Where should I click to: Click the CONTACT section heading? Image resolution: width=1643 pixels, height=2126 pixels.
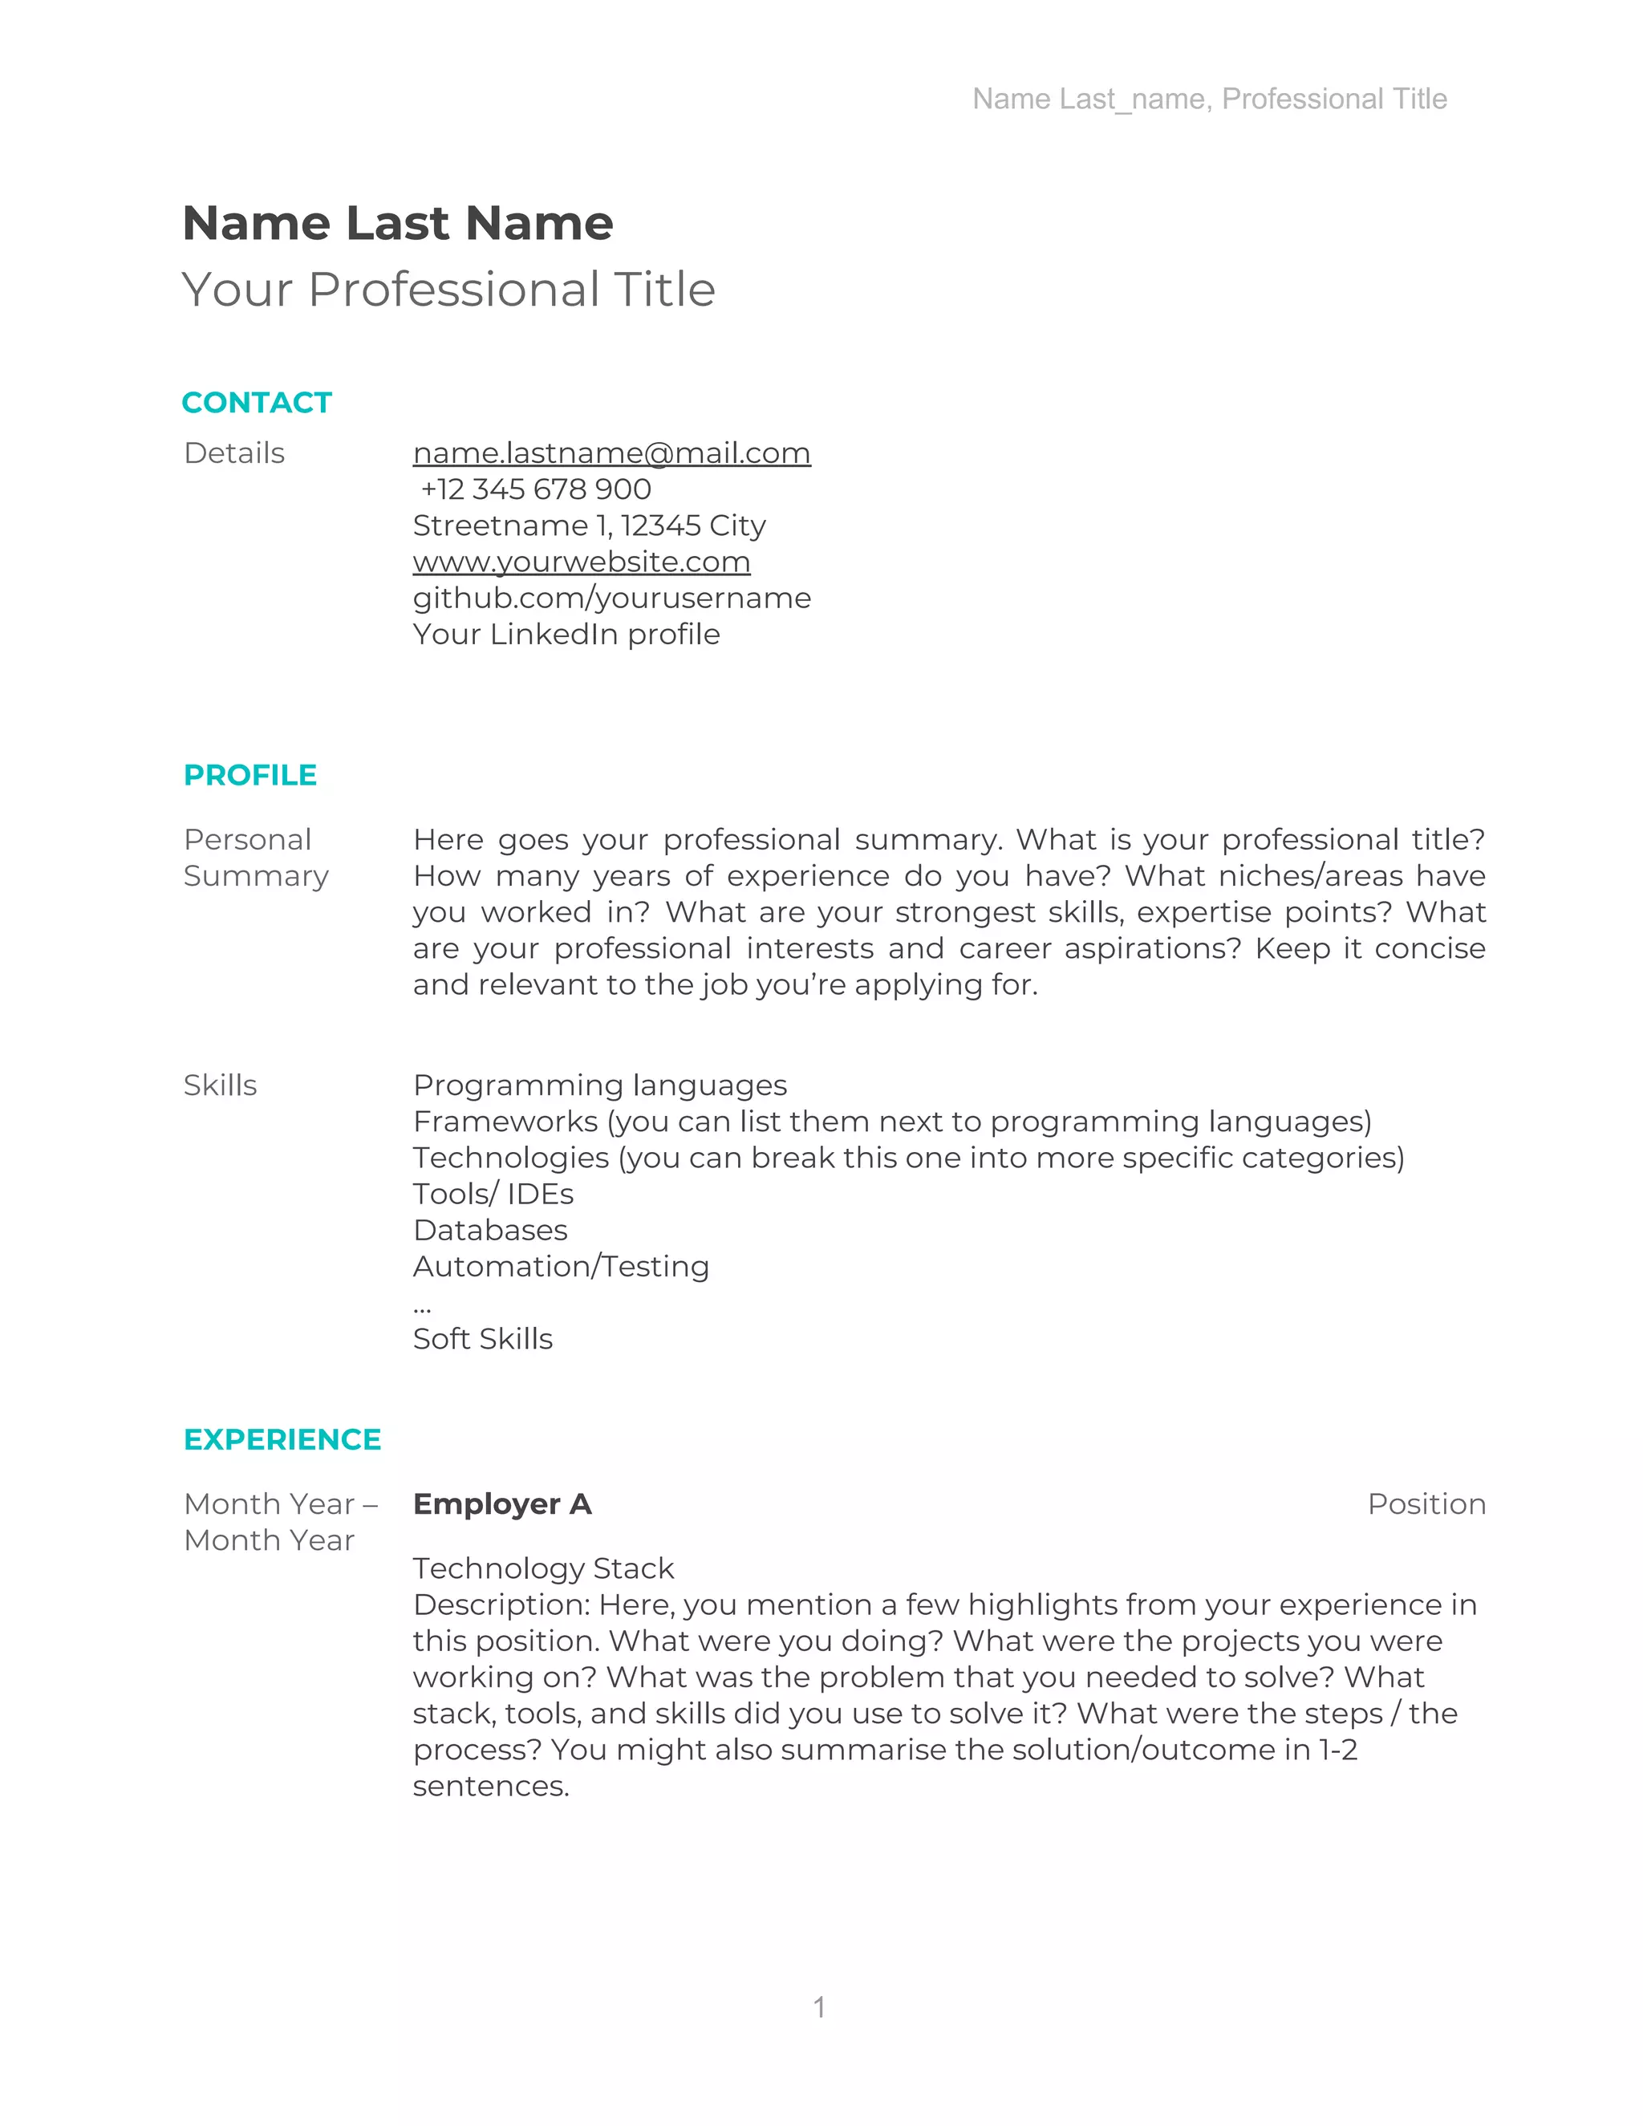257,402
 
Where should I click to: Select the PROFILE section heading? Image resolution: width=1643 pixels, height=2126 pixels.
250,775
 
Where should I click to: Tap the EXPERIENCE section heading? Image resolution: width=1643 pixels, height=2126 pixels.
282,1438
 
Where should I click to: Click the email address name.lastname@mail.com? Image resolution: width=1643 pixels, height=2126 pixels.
611,452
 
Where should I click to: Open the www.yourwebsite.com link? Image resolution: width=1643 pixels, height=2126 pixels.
581,562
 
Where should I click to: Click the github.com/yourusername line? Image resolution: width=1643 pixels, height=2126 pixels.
611,598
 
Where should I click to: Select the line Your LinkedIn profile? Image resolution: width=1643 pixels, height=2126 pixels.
566,634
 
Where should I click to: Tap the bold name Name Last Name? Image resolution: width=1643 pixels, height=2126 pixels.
397,223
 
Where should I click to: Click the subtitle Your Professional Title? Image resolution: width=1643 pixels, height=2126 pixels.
448,289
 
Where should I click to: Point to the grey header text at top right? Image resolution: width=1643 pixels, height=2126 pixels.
1209,99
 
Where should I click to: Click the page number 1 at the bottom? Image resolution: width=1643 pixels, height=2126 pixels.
820,2006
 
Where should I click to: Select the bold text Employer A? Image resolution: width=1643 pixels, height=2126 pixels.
502,1504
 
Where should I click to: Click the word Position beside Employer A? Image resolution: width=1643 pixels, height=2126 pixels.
1426,1504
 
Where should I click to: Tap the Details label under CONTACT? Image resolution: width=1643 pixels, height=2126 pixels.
234,452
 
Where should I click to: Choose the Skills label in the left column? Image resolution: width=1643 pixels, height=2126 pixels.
220,1085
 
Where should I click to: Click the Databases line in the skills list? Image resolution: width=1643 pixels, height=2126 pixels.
489,1231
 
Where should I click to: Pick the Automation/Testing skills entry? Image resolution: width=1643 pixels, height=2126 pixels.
561,1267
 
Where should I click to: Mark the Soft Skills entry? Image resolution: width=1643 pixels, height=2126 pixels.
483,1338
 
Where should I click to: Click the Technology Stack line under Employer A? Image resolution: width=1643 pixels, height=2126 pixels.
543,1568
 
